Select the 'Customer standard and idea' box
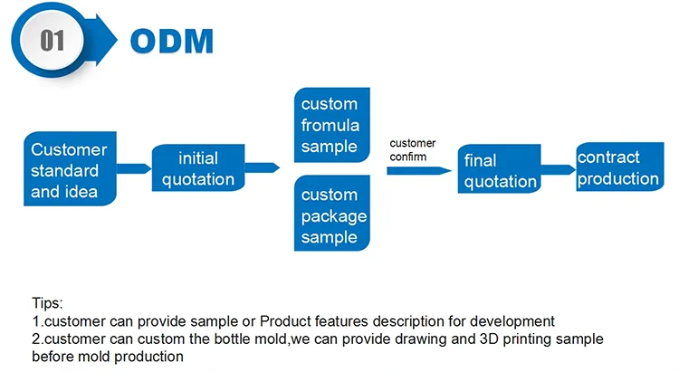pos(69,169)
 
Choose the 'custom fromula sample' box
pos(330,125)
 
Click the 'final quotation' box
pos(499,171)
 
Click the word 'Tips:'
pos(47,303)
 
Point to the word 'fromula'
pos(330,125)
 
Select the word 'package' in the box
pos(334,216)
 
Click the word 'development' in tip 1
pos(506,320)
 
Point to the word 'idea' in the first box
pos(81,191)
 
